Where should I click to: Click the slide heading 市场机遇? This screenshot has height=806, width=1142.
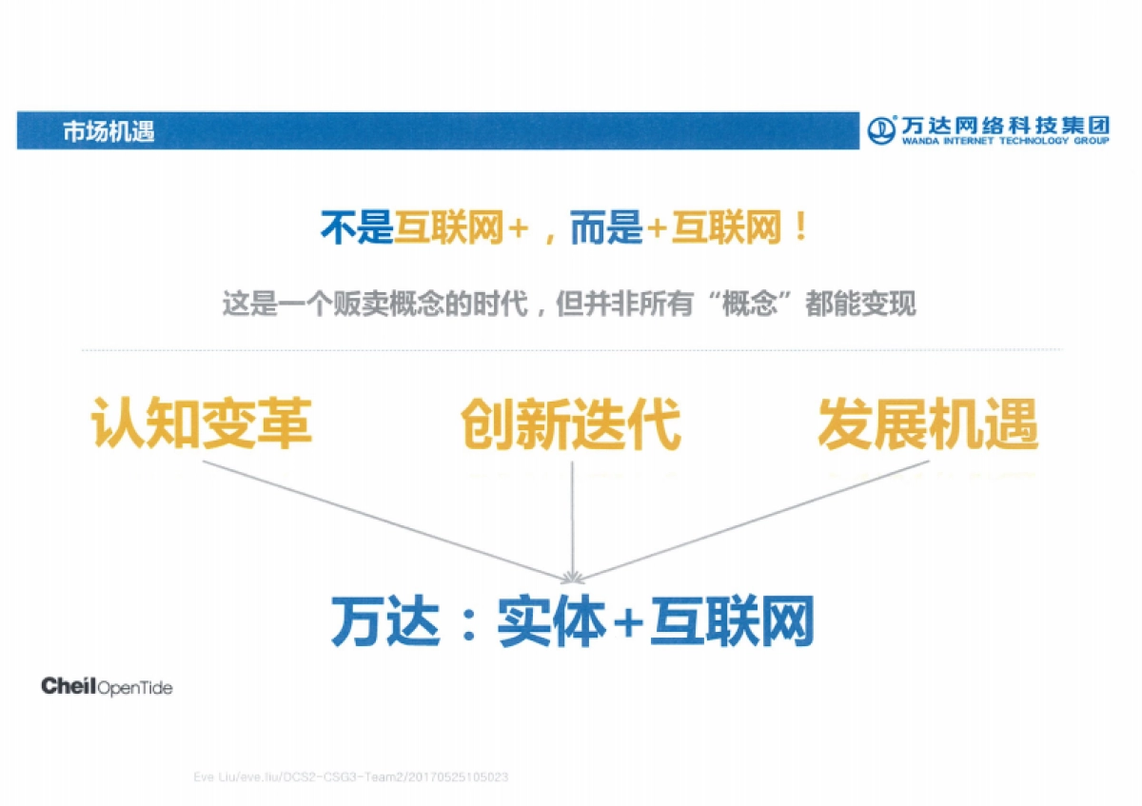coord(108,131)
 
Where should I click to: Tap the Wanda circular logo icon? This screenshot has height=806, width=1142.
coord(883,129)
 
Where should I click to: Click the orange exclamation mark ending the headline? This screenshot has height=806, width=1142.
coord(800,230)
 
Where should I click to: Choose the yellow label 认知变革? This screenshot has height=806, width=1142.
coord(202,424)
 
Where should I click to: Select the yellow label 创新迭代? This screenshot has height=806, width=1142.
coord(571,424)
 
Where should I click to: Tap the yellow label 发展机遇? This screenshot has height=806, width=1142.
coord(927,424)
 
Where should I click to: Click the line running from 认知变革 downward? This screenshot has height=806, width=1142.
coord(381,520)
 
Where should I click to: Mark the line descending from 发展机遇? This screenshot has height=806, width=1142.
coord(752,520)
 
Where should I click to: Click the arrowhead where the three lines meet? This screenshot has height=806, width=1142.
coord(572,576)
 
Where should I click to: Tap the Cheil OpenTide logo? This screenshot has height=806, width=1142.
coord(107,686)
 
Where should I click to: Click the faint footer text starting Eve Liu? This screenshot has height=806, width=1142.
coord(350,777)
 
